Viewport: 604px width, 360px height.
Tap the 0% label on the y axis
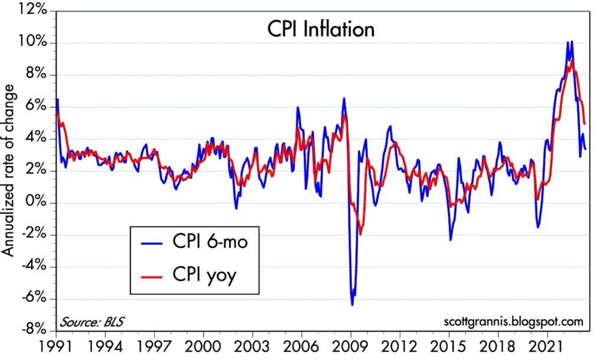(41, 203)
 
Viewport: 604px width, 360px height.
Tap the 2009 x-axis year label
(351, 345)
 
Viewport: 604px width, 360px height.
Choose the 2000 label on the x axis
(203, 345)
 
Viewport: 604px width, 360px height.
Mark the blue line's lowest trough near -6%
(352, 305)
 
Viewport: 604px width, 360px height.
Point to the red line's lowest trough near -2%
(360, 234)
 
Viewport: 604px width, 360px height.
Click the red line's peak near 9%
(571, 60)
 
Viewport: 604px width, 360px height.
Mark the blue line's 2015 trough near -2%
(451, 240)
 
